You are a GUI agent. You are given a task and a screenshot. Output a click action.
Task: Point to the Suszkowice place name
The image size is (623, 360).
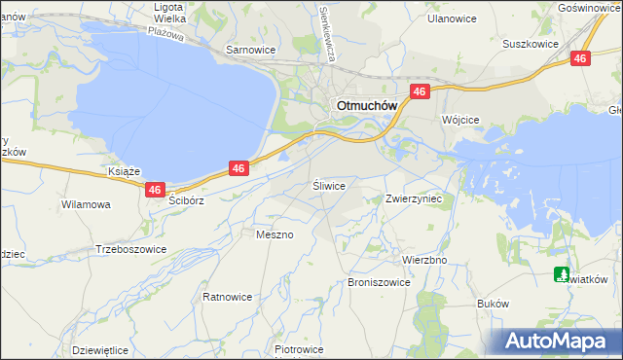(x=530, y=44)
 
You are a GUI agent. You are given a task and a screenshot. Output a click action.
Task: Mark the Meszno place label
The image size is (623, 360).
(x=274, y=234)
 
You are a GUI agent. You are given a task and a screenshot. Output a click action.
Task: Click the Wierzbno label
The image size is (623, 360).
(x=424, y=261)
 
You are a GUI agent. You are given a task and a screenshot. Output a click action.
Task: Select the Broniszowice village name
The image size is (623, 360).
(x=378, y=282)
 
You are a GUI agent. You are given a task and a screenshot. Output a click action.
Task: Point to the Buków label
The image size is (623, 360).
(x=494, y=304)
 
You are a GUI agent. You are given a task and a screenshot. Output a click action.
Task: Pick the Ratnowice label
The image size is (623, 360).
(x=227, y=296)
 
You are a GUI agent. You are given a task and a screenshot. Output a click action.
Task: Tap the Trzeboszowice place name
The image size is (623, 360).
(x=131, y=249)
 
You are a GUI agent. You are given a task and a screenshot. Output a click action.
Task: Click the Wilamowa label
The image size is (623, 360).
(x=86, y=205)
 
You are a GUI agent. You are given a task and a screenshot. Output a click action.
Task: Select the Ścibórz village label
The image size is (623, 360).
(x=185, y=200)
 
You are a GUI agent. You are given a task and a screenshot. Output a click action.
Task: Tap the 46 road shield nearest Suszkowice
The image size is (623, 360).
(x=581, y=59)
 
